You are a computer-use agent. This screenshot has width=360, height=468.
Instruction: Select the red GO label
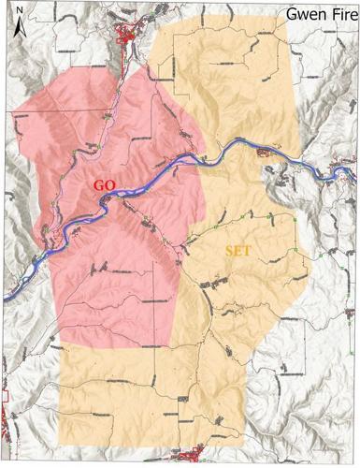(105, 185)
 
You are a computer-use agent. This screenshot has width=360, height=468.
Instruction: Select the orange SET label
(240, 251)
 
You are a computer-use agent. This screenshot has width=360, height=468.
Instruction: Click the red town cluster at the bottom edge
(192, 457)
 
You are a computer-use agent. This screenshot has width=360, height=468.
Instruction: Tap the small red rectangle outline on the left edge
(3, 398)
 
